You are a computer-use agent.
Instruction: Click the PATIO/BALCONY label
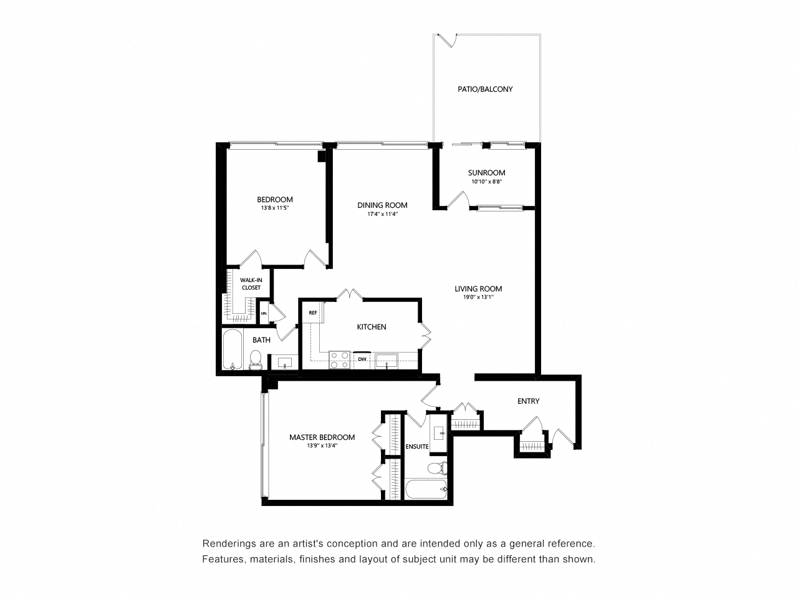[485, 89]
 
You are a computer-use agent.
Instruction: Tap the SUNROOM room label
[486, 173]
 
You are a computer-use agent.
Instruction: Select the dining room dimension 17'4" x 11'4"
[382, 214]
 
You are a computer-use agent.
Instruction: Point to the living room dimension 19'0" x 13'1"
[478, 298]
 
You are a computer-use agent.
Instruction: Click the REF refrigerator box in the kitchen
[312, 313]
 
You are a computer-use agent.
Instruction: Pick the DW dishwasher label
[362, 359]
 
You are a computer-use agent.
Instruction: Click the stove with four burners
[340, 360]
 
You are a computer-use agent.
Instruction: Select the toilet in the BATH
[255, 360]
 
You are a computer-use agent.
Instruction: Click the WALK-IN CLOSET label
[251, 284]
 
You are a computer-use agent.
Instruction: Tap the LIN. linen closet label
[264, 313]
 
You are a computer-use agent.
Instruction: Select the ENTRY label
[528, 401]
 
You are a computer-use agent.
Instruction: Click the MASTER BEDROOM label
[322, 437]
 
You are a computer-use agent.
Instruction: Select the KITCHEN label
[372, 327]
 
